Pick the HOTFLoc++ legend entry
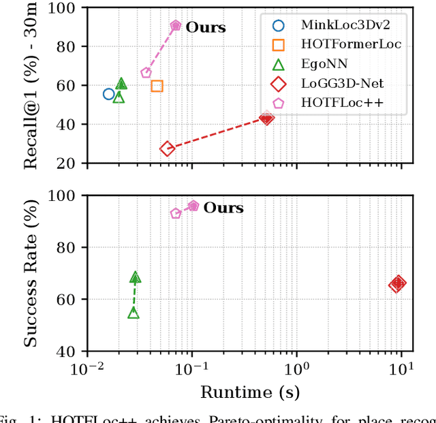click(330, 103)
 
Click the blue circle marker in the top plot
click(109, 94)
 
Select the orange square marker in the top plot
click(157, 86)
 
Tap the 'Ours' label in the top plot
click(206, 29)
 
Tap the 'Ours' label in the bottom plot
click(223, 208)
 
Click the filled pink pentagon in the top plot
click(176, 26)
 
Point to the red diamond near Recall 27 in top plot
click(167, 148)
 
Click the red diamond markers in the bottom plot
click(397, 284)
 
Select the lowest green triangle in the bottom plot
click(134, 313)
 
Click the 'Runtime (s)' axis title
click(249, 392)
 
